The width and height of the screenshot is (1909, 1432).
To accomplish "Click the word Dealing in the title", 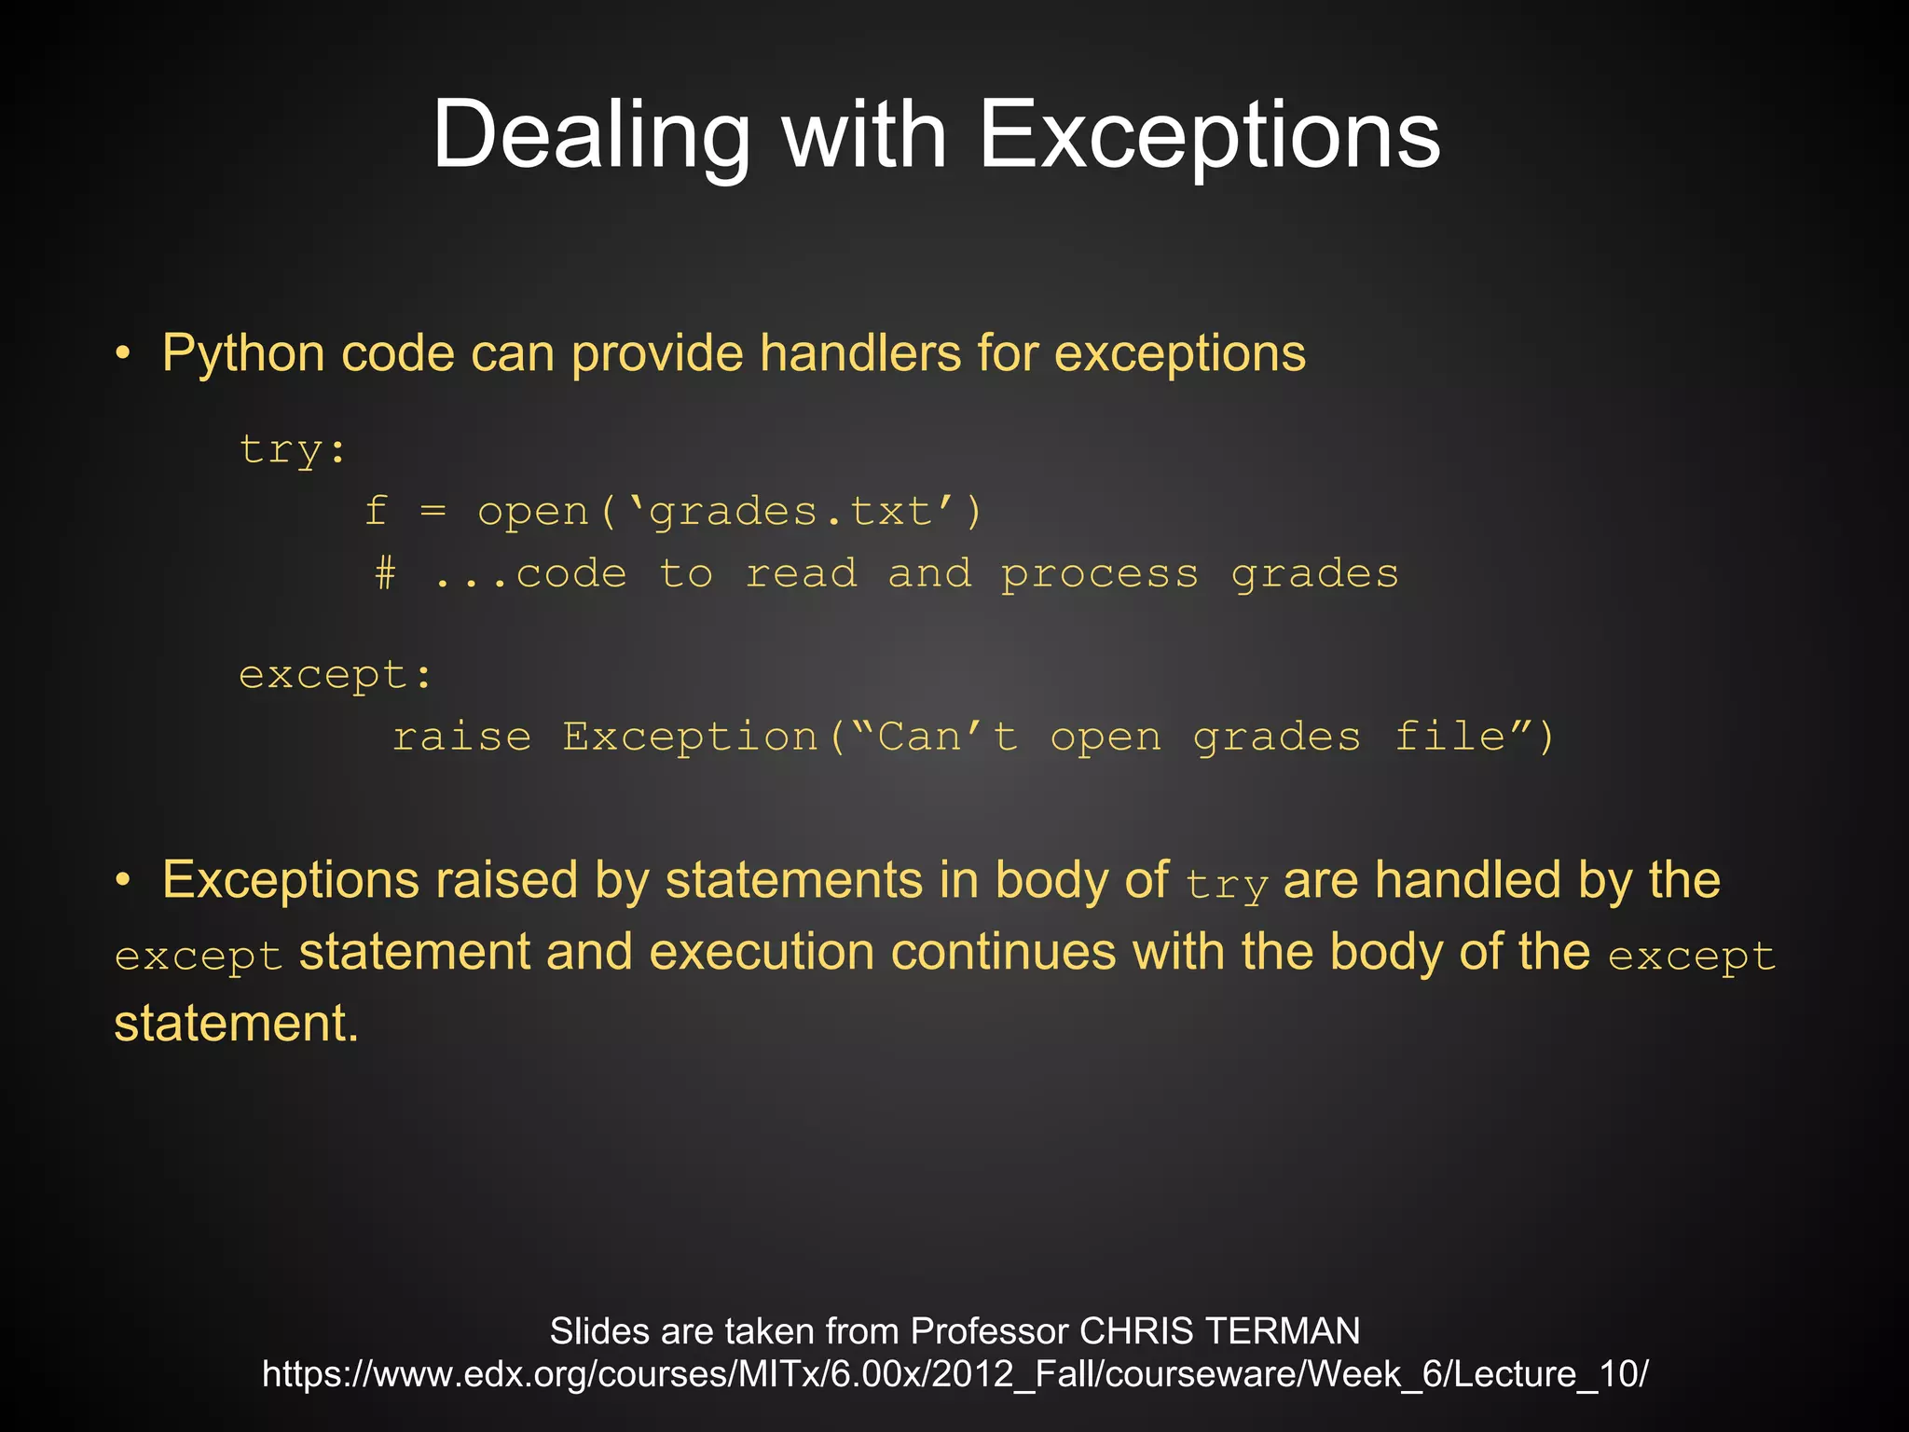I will (591, 136).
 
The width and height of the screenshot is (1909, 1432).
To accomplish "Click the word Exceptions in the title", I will (1209, 136).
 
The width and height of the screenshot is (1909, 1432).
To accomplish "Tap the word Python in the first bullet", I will (243, 354).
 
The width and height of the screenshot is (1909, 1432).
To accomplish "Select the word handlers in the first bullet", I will (860, 353).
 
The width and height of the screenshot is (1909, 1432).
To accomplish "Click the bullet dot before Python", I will (123, 354).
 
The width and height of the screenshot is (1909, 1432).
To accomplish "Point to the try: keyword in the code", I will (293, 450).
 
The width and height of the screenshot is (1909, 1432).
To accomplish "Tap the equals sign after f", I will (433, 512).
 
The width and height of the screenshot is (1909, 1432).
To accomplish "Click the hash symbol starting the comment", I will (385, 573).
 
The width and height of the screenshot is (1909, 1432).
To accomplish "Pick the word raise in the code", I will (461, 737).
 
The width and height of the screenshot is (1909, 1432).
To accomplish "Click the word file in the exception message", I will (1450, 737).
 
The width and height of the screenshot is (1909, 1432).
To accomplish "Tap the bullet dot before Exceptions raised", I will (123, 881).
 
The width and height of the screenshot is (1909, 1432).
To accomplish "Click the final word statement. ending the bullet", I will (236, 1024).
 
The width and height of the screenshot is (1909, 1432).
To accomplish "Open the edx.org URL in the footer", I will (954, 1374).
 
